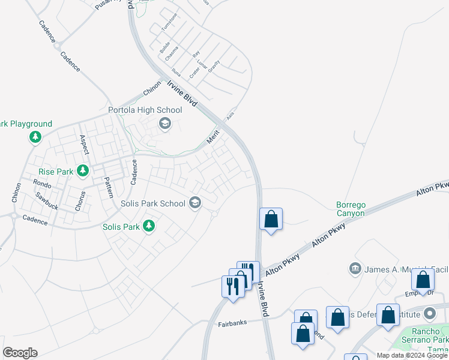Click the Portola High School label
(145, 110)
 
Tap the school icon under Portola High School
(164, 124)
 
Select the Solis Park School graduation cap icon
(194, 203)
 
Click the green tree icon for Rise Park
(82, 172)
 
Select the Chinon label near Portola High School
(152, 90)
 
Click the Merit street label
(212, 136)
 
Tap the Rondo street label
(42, 184)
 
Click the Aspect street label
(84, 146)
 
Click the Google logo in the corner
(20, 353)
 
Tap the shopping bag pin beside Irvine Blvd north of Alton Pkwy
(271, 219)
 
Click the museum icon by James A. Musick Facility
(355, 268)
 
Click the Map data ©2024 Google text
(411, 355)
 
